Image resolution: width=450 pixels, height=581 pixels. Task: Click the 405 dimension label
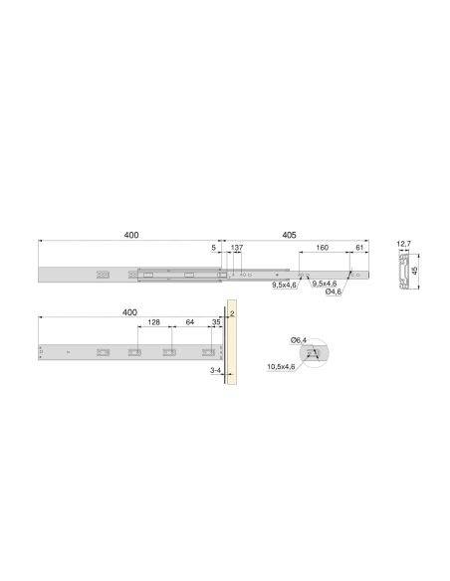click(289, 235)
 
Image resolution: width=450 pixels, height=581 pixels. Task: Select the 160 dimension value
click(323, 249)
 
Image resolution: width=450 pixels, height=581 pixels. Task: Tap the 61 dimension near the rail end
click(359, 249)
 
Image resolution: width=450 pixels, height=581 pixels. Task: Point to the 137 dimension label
click(237, 249)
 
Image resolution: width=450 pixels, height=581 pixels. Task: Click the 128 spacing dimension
click(154, 323)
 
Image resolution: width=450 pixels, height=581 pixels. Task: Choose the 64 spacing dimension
click(189, 323)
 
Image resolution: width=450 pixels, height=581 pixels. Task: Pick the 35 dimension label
click(215, 323)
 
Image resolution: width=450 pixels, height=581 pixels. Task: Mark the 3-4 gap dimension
click(214, 369)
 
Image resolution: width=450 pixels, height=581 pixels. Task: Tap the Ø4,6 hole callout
click(334, 292)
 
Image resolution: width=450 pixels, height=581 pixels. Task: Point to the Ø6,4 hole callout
click(298, 340)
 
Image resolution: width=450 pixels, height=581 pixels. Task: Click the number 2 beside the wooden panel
click(231, 312)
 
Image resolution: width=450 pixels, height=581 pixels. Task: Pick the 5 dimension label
click(213, 249)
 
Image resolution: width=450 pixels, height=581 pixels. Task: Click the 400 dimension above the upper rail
click(130, 235)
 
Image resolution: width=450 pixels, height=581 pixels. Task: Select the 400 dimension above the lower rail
click(130, 311)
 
